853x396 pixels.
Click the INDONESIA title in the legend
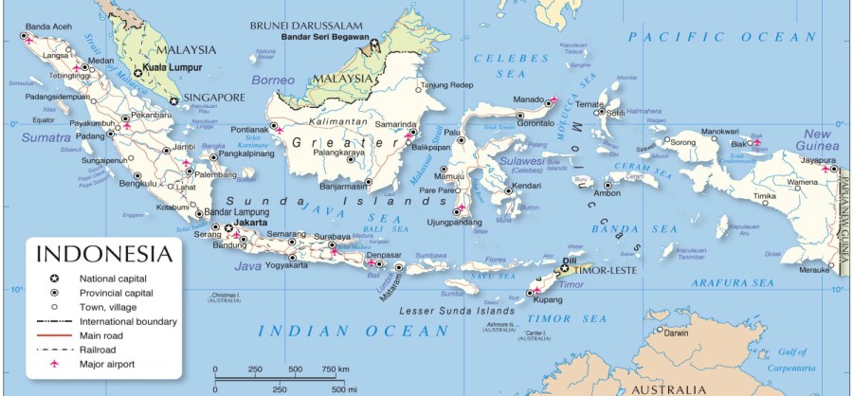pos(105,254)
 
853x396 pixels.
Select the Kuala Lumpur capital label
pos(175,72)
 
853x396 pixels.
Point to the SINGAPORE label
pos(213,97)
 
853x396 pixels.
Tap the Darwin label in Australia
pos(676,333)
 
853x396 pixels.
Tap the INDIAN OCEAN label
pos(353,331)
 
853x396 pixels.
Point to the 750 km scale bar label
pos(335,369)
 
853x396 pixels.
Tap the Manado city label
pos(527,99)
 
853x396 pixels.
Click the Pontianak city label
pos(249,128)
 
